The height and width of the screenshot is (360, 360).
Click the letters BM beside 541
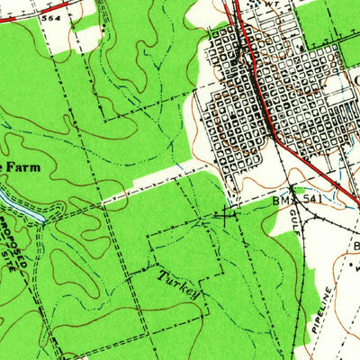(x=281, y=203)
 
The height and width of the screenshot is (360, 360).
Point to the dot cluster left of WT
(x=255, y=5)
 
